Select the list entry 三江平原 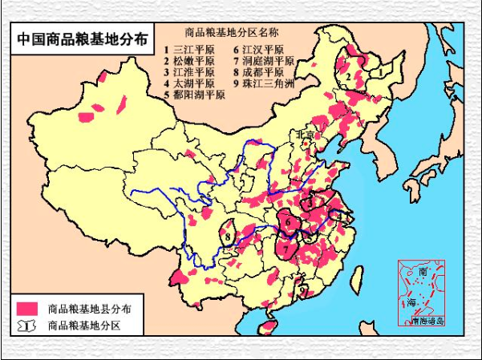click(189, 48)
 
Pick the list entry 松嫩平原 click(189, 60)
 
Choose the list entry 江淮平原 click(189, 71)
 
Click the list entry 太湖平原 click(189, 83)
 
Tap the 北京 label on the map click(306, 135)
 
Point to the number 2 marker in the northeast click(349, 77)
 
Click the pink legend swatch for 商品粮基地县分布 click(28, 308)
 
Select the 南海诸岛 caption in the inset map click(427, 322)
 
